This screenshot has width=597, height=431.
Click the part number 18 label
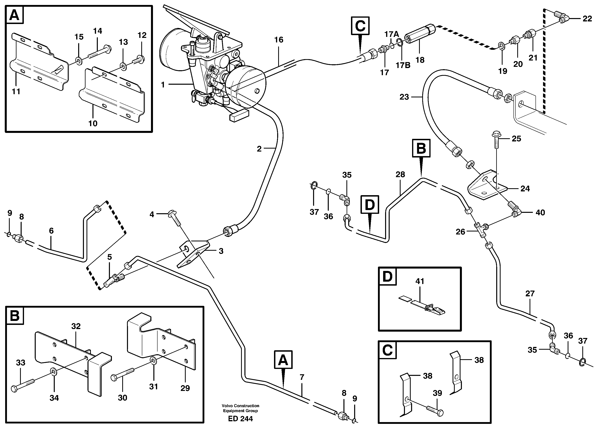420,60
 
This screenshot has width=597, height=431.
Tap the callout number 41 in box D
420,281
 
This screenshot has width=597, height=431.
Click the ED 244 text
240,419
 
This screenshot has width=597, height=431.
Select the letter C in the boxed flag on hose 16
360,26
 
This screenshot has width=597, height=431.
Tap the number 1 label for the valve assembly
163,85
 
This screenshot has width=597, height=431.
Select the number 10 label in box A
93,123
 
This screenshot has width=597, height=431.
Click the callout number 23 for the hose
404,97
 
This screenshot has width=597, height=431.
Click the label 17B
403,65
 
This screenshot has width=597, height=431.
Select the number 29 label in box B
185,388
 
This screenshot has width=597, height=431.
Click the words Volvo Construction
240,406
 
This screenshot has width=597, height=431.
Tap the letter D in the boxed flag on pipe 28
370,205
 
